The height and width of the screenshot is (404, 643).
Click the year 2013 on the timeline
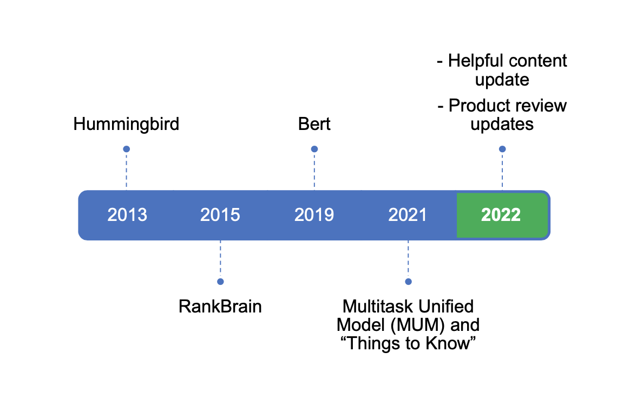click(x=127, y=215)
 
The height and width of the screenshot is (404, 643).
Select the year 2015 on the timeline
click(x=220, y=215)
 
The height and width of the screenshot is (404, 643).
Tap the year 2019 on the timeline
click(x=314, y=215)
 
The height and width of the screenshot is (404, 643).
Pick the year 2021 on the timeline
click(x=408, y=215)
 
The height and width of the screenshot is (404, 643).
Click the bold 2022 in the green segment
click(x=501, y=215)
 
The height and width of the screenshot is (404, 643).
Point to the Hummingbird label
click(x=126, y=125)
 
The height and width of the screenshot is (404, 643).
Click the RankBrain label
click(x=220, y=307)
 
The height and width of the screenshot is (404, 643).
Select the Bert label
click(x=314, y=125)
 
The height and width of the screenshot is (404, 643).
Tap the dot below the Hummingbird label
click(x=127, y=149)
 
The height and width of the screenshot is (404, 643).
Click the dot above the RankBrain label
click(x=220, y=282)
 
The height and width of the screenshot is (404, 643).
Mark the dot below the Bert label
click(x=314, y=149)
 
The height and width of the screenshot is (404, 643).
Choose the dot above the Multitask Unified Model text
click(x=408, y=282)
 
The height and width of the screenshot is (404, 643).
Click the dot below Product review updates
click(x=502, y=149)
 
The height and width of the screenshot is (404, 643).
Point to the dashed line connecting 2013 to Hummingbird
click(x=127, y=171)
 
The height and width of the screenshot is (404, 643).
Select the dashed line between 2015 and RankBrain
click(x=220, y=260)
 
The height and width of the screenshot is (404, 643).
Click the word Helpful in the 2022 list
click(x=474, y=61)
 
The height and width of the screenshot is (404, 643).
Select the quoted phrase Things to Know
click(x=408, y=343)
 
